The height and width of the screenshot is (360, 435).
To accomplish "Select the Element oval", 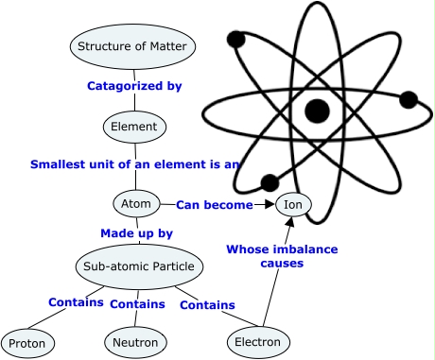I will tap(134, 126).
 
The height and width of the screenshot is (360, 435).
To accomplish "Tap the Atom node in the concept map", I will tap(135, 203).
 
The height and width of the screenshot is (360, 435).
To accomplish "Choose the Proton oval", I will tap(28, 341).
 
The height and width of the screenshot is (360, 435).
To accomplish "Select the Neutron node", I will tap(134, 341).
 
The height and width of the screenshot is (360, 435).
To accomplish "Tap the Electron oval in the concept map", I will tap(257, 341).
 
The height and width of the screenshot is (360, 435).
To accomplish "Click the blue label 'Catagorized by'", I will tap(133, 86).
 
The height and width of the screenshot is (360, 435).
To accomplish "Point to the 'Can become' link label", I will tap(215, 204).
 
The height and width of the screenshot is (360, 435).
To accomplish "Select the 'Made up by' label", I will tap(136, 232).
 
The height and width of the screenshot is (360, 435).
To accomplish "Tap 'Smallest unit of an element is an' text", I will tap(135, 163).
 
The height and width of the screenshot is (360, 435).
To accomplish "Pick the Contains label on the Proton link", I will tap(77, 302).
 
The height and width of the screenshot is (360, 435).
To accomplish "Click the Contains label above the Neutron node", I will tap(137, 304).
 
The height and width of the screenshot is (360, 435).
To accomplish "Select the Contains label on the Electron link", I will tap(207, 304).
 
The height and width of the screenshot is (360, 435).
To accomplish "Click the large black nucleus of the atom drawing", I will tap(317, 111).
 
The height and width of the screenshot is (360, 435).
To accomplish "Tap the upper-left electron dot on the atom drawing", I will tap(236, 40).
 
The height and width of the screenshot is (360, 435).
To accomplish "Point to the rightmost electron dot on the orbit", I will tap(409, 99).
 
